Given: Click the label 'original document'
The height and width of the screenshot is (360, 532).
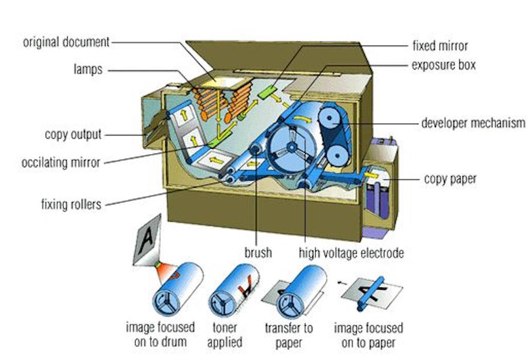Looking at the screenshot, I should [66, 43].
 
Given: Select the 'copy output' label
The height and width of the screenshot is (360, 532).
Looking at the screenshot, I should [73, 133].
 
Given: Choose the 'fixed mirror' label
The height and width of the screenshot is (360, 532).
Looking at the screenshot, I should [440, 46].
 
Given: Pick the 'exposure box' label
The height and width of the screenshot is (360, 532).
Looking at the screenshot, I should [443, 64].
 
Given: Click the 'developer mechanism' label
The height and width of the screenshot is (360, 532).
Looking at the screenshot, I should [473, 124].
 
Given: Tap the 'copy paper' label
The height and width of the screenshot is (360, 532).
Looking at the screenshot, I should [450, 179].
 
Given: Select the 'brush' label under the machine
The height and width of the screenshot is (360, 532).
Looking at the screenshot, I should [256, 253].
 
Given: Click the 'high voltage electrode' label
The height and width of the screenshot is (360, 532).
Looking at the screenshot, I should [351, 253].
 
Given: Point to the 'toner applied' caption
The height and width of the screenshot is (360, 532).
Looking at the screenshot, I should [225, 335].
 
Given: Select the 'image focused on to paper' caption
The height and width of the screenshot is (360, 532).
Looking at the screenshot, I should [368, 335].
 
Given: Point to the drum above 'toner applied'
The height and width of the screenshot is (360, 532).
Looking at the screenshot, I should [231, 292].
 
